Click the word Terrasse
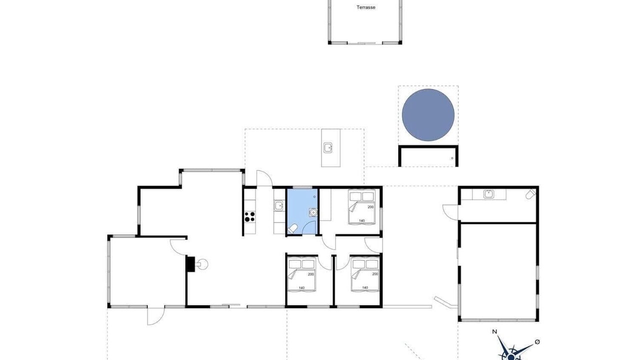pyautogui.click(x=365, y=7)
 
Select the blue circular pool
pyautogui.click(x=428, y=115)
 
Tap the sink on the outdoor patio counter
pyautogui.click(x=328, y=148)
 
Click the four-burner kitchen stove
pyautogui.click(x=249, y=216)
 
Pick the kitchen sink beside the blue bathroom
pyautogui.click(x=278, y=205)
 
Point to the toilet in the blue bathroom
pyautogui.click(x=292, y=229)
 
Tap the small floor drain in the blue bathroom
pyautogui.click(x=314, y=197)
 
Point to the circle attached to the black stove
pyautogui.click(x=202, y=264)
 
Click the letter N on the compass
pyautogui.click(x=494, y=331)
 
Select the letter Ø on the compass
pyautogui.click(x=537, y=341)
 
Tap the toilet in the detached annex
pyautogui.click(x=531, y=193)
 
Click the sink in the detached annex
pyautogui.click(x=488, y=194)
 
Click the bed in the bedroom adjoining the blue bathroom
pyautogui.click(x=361, y=207)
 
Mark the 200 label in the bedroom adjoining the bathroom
pyautogui.click(x=370, y=207)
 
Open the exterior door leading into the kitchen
pyautogui.click(x=264, y=177)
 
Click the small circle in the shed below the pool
pyautogui.click(x=452, y=158)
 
